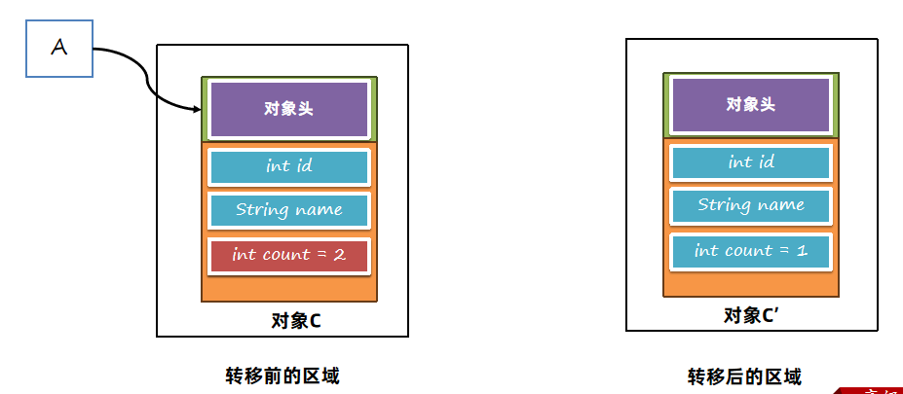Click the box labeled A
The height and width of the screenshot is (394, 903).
coord(59,49)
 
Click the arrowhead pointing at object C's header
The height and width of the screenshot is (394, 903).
coord(196,108)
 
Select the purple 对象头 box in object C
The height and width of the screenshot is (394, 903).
coord(289,109)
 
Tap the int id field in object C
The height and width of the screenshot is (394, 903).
coord(289,167)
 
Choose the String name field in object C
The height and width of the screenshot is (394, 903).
coord(289,210)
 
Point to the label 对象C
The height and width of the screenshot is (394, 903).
coord(296,321)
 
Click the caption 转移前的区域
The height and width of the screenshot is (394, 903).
coord(282,376)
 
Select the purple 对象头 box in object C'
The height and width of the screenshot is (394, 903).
coord(751,105)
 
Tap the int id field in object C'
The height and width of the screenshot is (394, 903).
coord(751,162)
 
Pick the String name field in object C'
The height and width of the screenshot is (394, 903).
coord(751,206)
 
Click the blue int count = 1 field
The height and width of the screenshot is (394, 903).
coord(751,251)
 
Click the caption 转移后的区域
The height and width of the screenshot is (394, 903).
coord(744,377)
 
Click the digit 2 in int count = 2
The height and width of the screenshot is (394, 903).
coord(339,255)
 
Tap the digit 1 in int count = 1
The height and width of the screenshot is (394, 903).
coord(803,251)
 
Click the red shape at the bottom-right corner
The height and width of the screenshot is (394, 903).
coord(869,390)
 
